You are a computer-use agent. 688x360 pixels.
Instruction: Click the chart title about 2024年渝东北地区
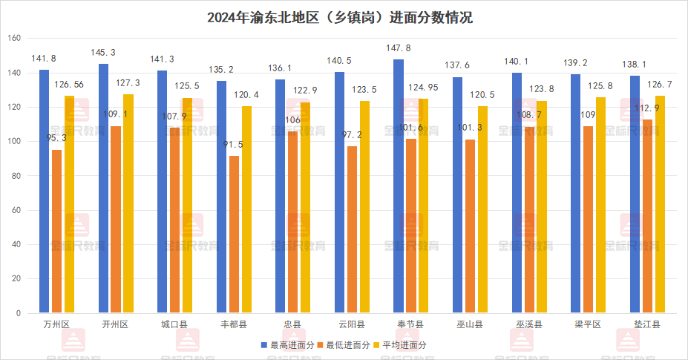tap(344, 17)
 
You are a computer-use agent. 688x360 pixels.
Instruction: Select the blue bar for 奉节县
tap(399, 186)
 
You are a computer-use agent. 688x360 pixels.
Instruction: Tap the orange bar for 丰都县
tap(234, 235)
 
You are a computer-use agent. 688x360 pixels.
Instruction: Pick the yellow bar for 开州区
tap(128, 204)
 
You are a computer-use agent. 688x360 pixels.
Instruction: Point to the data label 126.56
tap(69, 85)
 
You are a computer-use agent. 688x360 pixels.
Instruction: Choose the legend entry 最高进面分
tap(289, 345)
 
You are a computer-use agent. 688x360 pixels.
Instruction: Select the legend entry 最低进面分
tap(344, 345)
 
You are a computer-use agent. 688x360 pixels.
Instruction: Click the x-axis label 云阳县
tap(351, 324)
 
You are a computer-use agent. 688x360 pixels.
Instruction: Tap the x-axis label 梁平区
tap(588, 324)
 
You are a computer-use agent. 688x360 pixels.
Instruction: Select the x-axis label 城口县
tap(174, 324)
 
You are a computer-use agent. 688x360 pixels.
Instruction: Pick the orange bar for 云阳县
tap(352, 229)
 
